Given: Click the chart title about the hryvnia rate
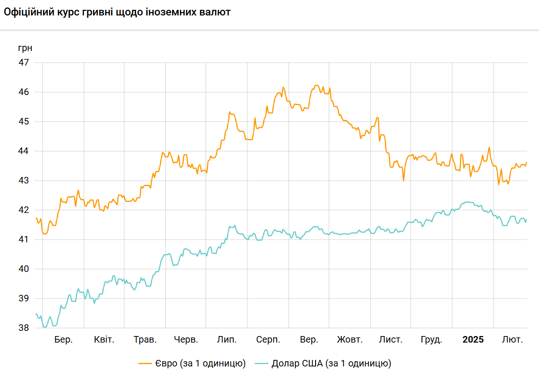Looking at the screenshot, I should coord(117,12).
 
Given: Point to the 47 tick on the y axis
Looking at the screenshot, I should coord(23,62).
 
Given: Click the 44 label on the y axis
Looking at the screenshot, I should coord(23,151).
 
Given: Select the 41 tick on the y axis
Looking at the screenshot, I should coord(23,239).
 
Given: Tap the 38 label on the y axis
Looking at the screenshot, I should coord(23,328).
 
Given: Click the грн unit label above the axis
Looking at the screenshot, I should coord(25,48).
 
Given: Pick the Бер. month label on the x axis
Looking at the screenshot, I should coord(63,340).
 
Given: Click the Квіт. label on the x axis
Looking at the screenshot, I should coord(104,340).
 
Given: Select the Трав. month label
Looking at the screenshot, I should coord(145,340).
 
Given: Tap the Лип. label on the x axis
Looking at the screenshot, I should coord(227,340).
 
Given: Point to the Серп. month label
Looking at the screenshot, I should coord(268,340).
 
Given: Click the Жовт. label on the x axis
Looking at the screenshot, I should coord(350,340).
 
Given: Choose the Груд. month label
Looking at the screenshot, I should coord(431,340).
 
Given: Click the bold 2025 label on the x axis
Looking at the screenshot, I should coord(473,340).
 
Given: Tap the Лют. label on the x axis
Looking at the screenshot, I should coord(512,340).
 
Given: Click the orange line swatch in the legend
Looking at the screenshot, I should coord(145,363).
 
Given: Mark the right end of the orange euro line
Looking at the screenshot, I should coord(527,162).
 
